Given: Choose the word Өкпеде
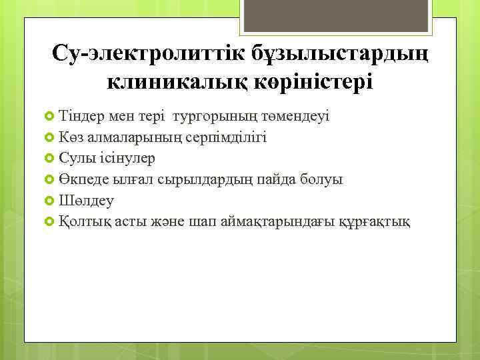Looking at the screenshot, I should [x=80, y=179].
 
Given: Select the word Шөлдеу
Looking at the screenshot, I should [x=86, y=200].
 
